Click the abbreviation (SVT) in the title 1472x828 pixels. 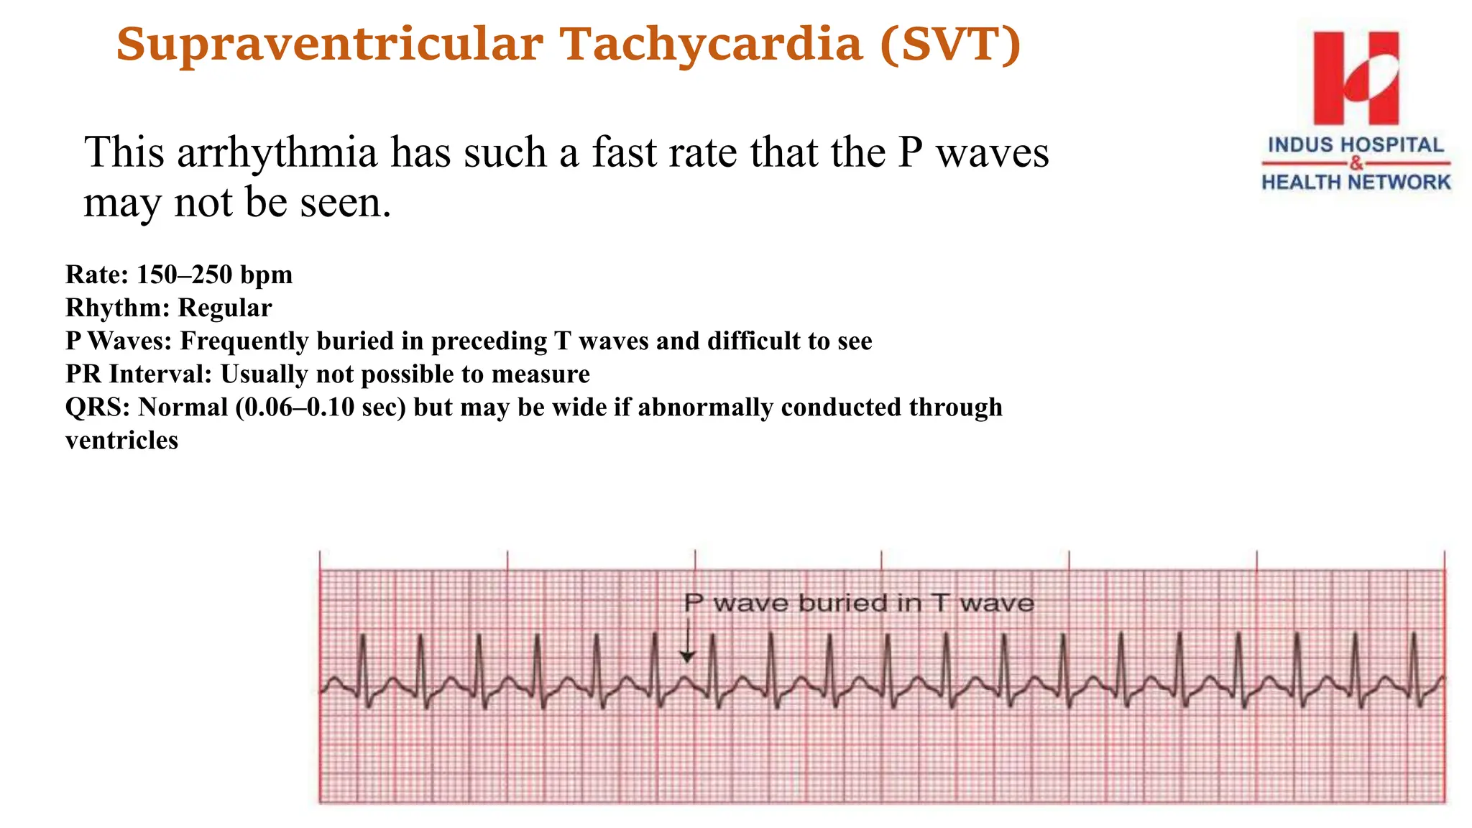[949, 45]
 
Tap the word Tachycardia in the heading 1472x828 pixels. [712, 45]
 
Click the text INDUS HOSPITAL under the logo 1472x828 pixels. [1356, 145]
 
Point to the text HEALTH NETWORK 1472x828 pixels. [1356, 183]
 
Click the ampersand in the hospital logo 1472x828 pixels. [1356, 164]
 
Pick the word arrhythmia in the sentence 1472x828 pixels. [277, 153]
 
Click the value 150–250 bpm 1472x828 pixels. [214, 275]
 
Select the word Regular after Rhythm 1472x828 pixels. [225, 308]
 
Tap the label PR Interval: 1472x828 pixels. [139, 374]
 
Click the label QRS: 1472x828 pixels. [98, 408]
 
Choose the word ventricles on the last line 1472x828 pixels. [121, 441]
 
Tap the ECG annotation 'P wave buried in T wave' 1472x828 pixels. [858, 602]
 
